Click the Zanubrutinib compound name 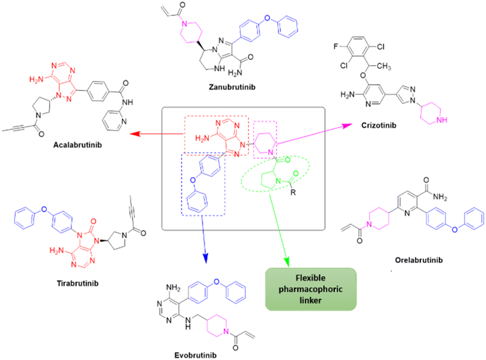[x=232, y=87]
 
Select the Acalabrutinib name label [x=78, y=145]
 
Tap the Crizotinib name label [x=379, y=125]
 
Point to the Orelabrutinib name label [x=419, y=260]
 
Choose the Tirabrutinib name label [x=78, y=283]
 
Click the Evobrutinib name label [x=195, y=356]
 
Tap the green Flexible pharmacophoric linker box [x=310, y=289]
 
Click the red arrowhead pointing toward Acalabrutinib [x=134, y=134]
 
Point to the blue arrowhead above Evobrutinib [x=205, y=259]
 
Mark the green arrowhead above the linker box [x=286, y=262]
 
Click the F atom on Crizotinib [x=335, y=46]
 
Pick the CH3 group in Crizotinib [x=384, y=66]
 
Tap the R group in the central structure [x=293, y=192]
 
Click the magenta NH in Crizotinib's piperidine [x=442, y=120]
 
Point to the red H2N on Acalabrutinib [x=36, y=80]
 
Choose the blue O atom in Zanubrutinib [x=267, y=18]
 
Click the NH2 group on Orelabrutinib [x=440, y=197]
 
